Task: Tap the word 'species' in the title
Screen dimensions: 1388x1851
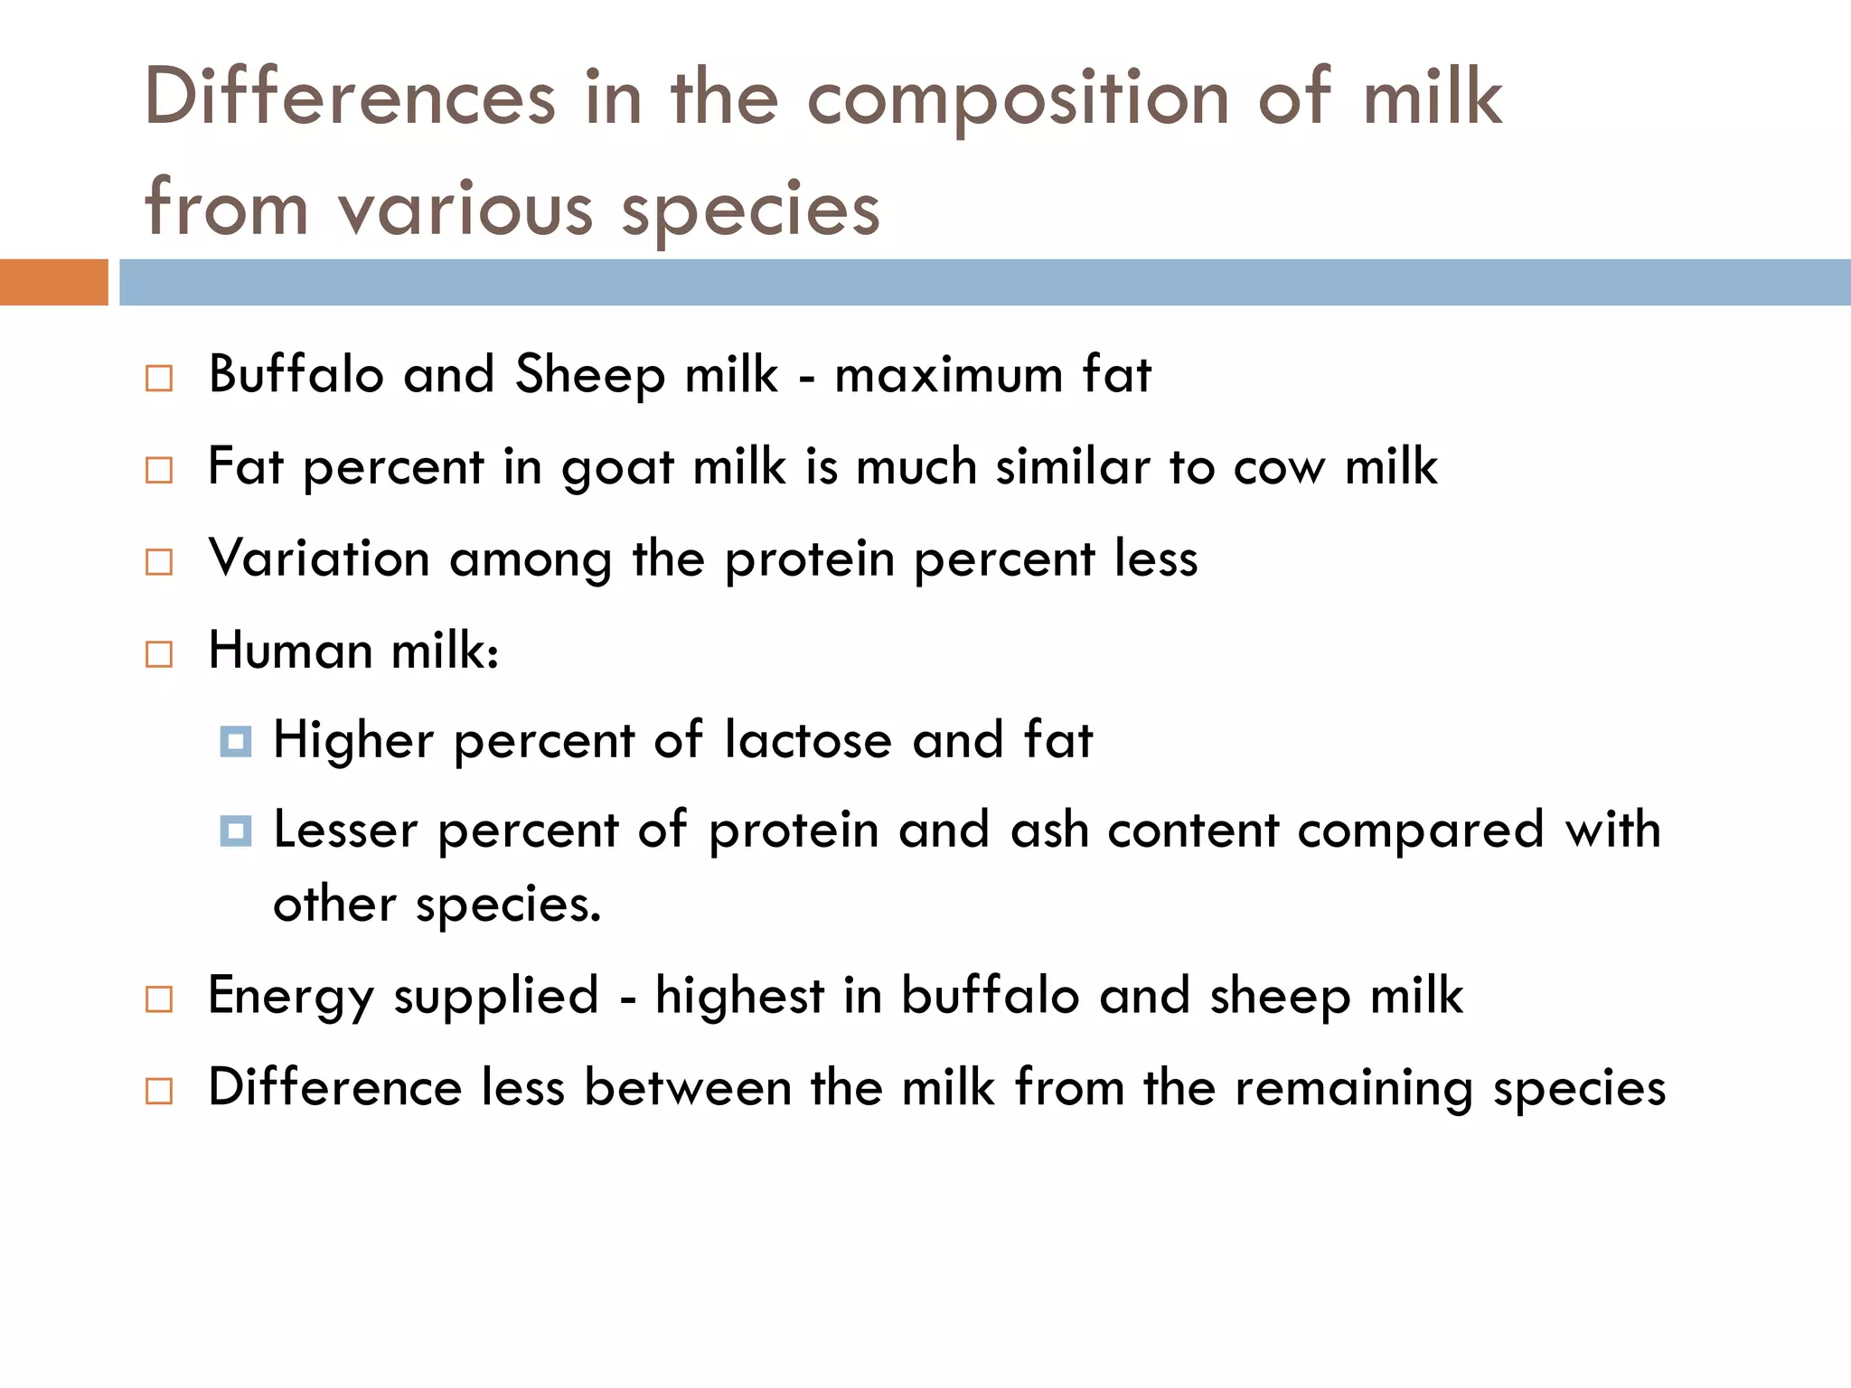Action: [x=750, y=210]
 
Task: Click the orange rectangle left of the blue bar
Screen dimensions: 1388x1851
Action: [x=53, y=282]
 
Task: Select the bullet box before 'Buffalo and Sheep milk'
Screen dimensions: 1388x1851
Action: [x=159, y=378]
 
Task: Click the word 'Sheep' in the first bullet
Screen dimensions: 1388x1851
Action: [x=590, y=375]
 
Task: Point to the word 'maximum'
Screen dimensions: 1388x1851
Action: [x=948, y=375]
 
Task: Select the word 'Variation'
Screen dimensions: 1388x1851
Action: [x=319, y=558]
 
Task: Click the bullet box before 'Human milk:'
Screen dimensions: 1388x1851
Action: [x=159, y=653]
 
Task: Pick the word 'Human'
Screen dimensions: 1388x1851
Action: [x=290, y=651]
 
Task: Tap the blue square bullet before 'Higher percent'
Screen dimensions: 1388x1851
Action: [x=236, y=742]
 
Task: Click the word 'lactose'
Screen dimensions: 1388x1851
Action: [x=808, y=740]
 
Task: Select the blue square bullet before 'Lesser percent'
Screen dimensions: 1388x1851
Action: [x=236, y=830]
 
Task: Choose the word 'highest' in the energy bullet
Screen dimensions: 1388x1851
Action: [x=739, y=996]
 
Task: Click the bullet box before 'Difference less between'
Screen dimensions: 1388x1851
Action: [x=159, y=1091]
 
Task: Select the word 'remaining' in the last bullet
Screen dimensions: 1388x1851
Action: [x=1354, y=1088]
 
